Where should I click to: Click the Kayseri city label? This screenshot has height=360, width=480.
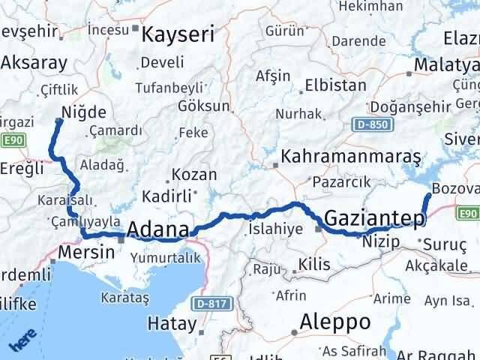[177, 34]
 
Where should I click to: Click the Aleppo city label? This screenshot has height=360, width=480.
[334, 322]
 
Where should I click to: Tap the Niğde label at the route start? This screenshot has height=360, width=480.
[87, 113]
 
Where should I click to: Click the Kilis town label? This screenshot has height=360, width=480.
[315, 264]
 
